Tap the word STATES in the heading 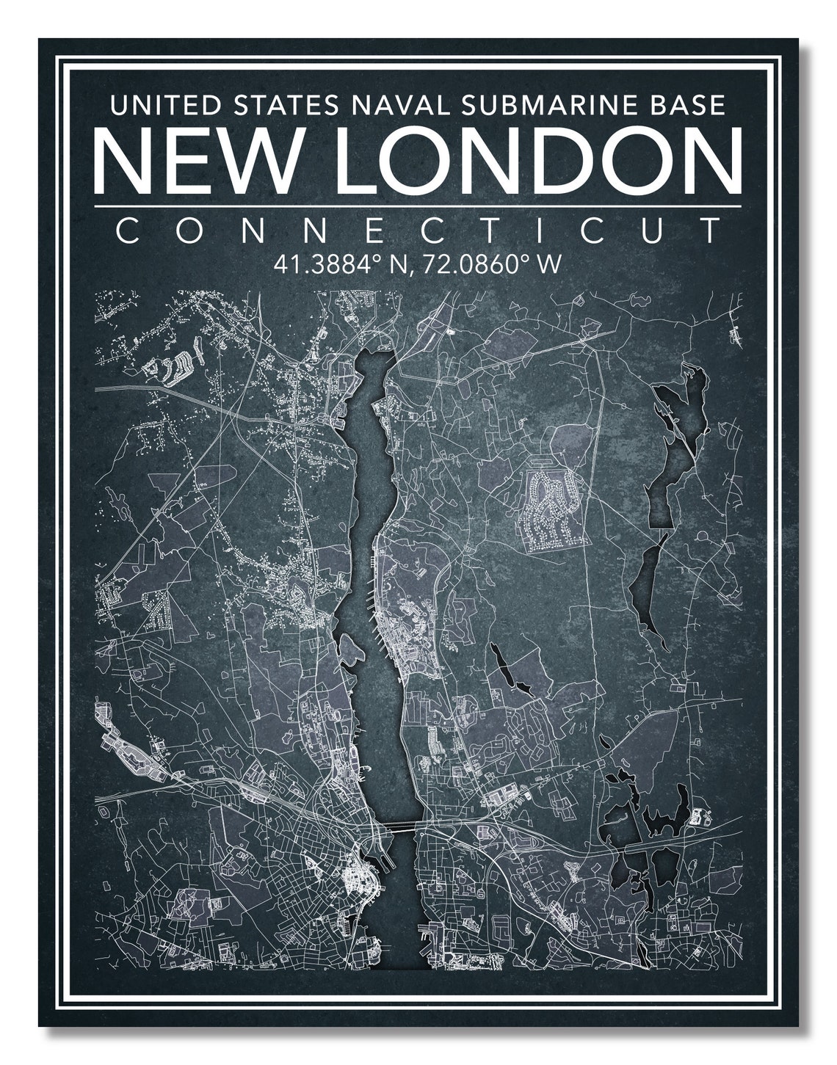pyautogui.click(x=285, y=105)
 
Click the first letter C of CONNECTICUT pyautogui.click(x=127, y=232)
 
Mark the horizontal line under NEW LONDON pyautogui.click(x=418, y=206)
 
